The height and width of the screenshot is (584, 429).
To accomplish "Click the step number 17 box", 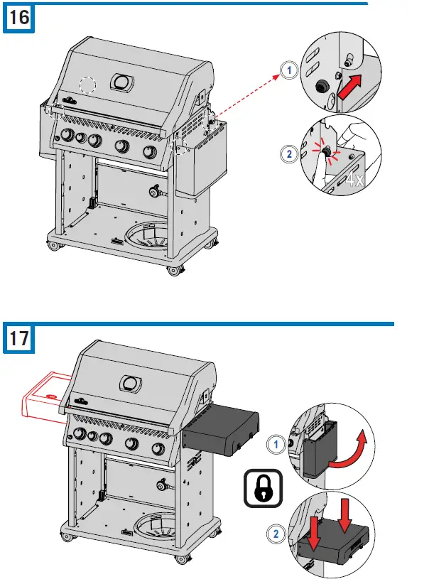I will (20, 338).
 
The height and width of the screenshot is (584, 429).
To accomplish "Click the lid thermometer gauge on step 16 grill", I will (122, 82).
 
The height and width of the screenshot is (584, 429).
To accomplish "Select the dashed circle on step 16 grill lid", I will (87, 85).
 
